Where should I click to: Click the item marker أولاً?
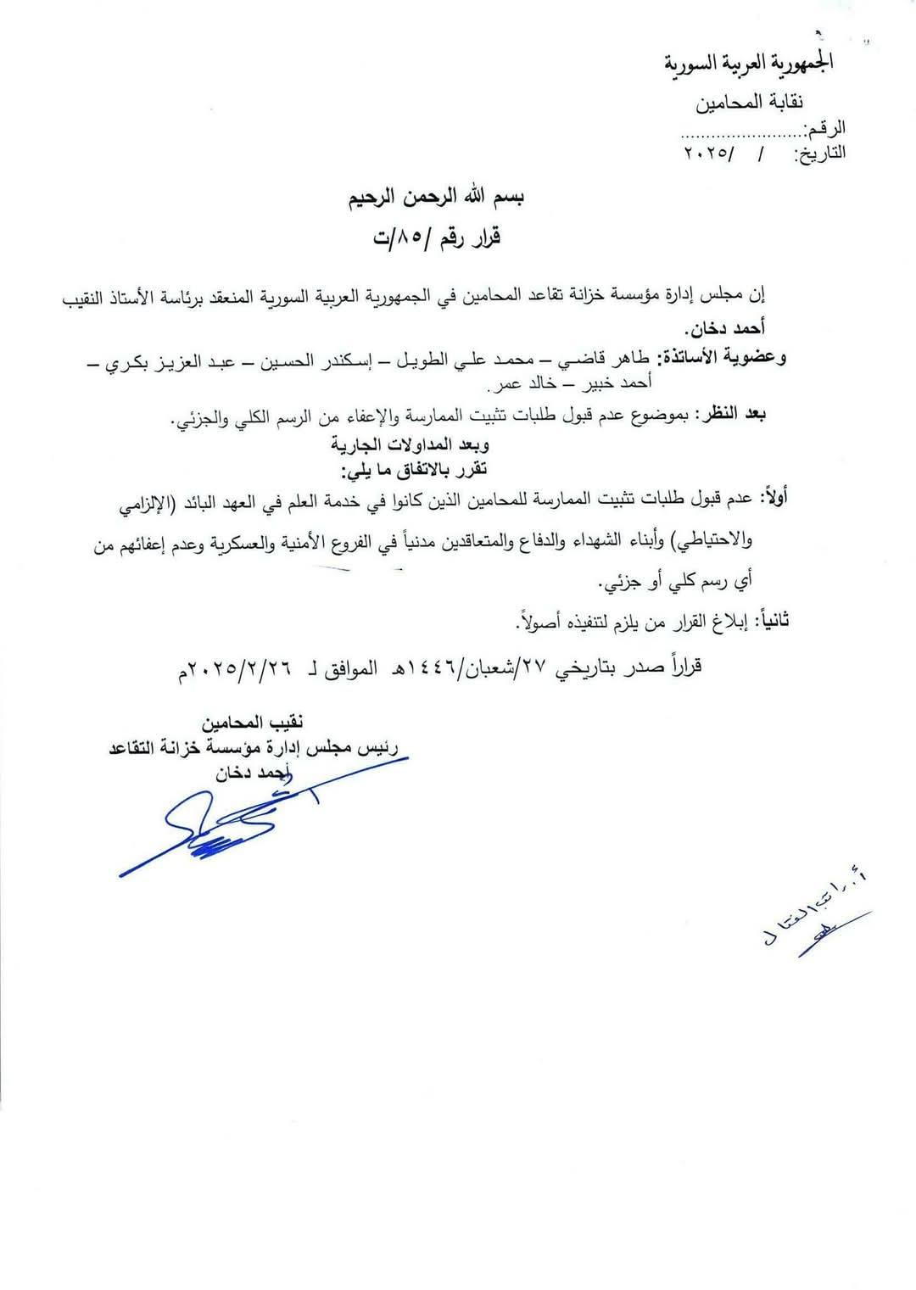point(774,498)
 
